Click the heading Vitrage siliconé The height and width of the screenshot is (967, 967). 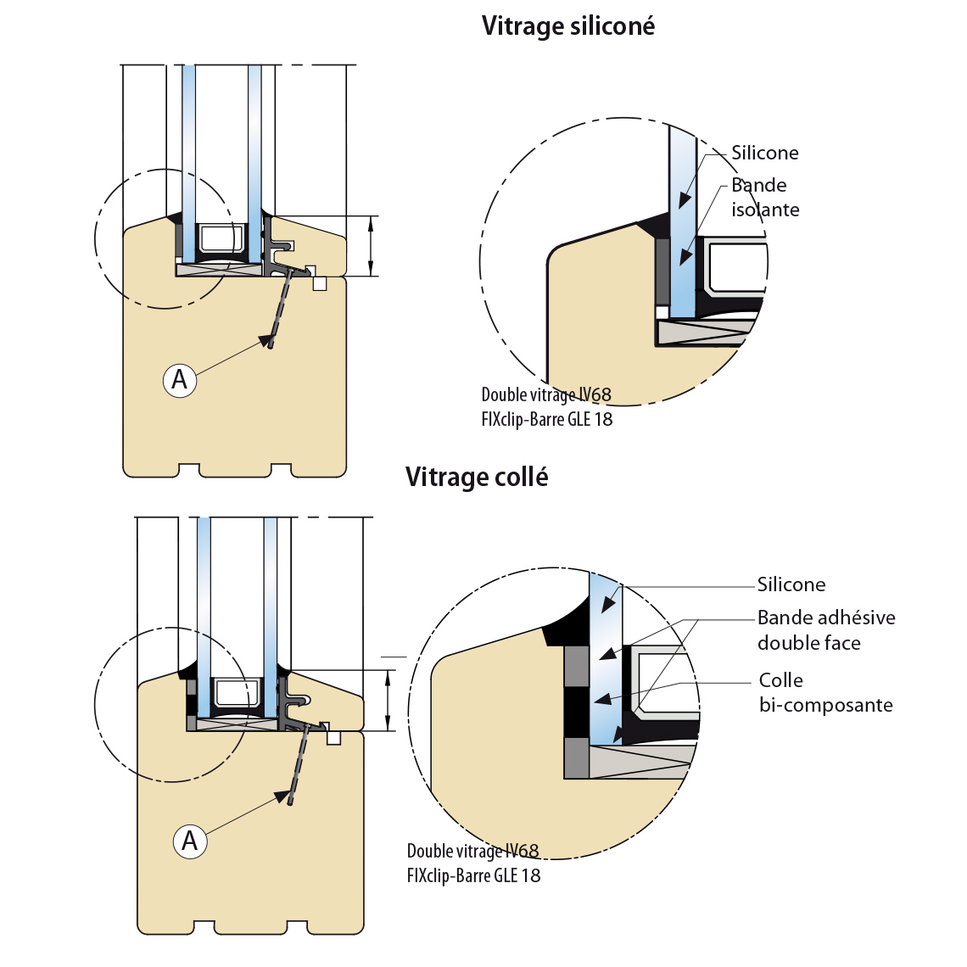click(567, 26)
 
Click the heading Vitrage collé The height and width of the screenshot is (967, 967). click(476, 478)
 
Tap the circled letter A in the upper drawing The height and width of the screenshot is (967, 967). click(180, 379)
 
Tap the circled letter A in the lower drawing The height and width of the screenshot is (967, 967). click(190, 841)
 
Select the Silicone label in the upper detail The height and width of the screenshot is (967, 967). click(764, 153)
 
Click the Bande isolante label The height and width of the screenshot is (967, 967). click(764, 198)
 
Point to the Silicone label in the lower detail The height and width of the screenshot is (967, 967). click(791, 584)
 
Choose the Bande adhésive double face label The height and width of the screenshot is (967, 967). click(825, 630)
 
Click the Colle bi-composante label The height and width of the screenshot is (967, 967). click(825, 692)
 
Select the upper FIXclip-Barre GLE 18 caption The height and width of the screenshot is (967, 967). click(546, 419)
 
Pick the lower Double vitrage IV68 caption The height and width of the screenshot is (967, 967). click(472, 851)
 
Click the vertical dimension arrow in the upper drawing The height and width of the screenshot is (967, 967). click(372, 246)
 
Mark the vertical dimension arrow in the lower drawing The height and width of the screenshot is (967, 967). click(388, 700)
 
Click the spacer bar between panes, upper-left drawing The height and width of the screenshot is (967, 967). click(219, 242)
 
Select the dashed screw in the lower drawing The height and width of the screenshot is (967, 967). click(299, 763)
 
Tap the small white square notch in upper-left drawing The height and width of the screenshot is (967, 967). click(319, 282)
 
